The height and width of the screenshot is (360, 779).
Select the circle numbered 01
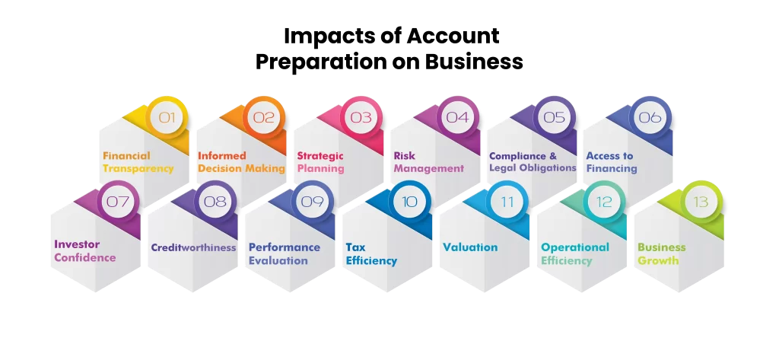(167, 117)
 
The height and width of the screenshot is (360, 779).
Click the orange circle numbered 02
(264, 117)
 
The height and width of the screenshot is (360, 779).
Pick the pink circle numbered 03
(361, 117)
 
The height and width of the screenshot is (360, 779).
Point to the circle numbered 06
(650, 117)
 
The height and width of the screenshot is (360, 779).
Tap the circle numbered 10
(410, 202)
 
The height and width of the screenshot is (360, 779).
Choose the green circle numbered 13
(701, 202)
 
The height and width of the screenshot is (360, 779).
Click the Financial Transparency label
(138, 162)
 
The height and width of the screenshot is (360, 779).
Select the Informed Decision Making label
(241, 162)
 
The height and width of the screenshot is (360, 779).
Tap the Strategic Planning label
(320, 162)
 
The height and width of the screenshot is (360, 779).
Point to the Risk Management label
(429, 162)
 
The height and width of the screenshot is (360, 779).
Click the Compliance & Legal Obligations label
(533, 162)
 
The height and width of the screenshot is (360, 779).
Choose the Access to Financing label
(612, 162)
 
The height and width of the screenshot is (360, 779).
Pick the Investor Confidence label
(85, 251)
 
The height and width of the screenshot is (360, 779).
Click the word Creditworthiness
(193, 247)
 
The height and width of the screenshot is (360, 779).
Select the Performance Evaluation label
(285, 253)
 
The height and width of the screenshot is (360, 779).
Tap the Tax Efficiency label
(371, 253)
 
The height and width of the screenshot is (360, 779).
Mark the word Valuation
(470, 247)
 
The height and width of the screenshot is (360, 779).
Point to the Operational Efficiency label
(575, 253)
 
